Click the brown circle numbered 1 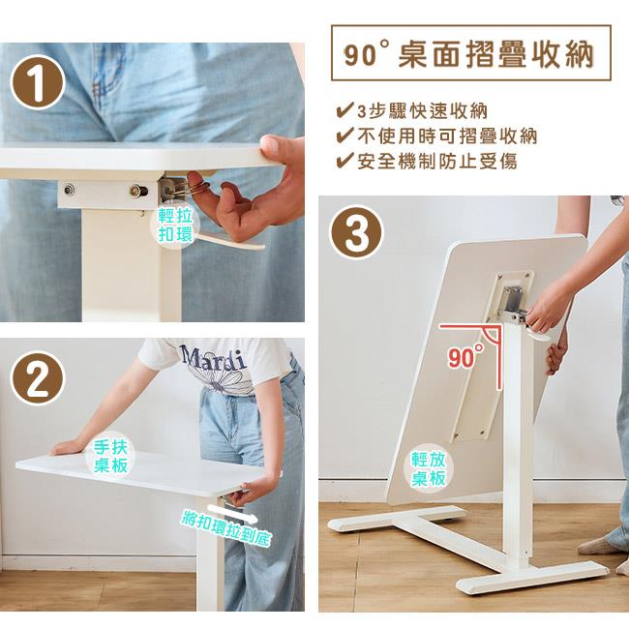click(38, 83)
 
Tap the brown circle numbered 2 click(38, 379)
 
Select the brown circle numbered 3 click(356, 232)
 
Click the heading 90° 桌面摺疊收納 click(469, 54)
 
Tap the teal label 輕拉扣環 click(175, 225)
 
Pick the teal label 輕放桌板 click(429, 469)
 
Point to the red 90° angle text click(465, 357)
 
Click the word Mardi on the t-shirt click(213, 358)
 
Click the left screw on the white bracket click(69, 188)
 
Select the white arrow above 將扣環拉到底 click(233, 513)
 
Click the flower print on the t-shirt click(221, 378)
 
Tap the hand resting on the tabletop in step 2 click(68, 447)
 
